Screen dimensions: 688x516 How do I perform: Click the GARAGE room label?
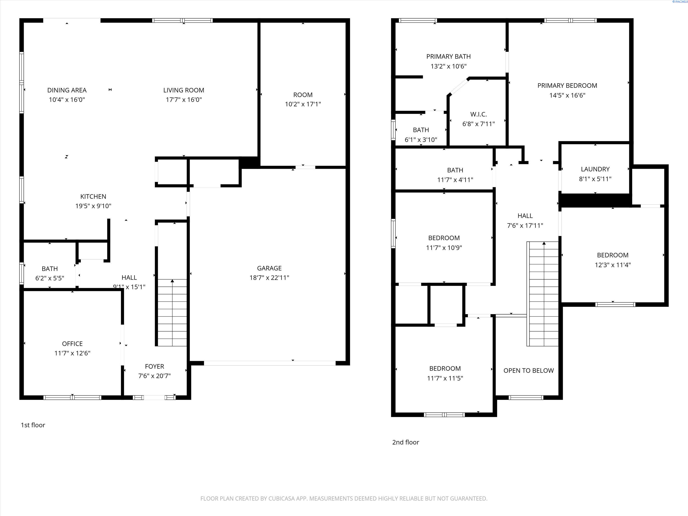[269, 268]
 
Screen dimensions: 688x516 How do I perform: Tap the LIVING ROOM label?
[184, 90]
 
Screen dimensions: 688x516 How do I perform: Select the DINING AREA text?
[67, 90]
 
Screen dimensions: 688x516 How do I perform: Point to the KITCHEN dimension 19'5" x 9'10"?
[93, 206]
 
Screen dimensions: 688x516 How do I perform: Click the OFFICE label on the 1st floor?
[72, 344]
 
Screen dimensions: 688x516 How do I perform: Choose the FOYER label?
[155, 366]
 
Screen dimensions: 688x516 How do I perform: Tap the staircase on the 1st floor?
[172, 313]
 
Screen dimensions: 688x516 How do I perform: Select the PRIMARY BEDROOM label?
[567, 86]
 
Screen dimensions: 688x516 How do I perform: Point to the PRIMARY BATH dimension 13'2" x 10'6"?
[449, 66]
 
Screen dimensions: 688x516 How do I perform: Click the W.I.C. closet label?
[478, 114]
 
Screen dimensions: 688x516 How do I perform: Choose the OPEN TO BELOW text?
[529, 370]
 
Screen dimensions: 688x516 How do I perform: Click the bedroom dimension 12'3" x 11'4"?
[613, 265]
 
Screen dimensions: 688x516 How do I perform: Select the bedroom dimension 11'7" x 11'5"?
[445, 378]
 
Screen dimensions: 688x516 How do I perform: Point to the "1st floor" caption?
[33, 425]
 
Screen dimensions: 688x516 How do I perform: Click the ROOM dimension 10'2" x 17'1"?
[303, 104]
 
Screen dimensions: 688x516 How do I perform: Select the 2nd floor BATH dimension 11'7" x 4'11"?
[455, 180]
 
